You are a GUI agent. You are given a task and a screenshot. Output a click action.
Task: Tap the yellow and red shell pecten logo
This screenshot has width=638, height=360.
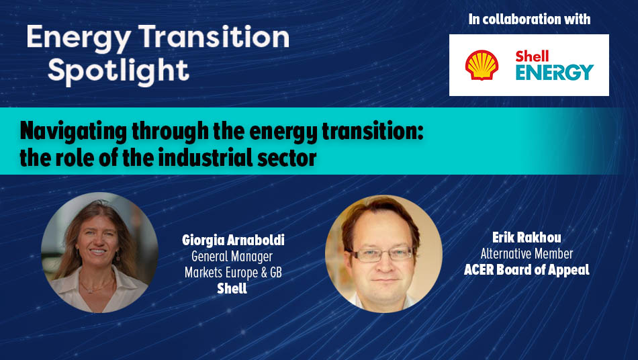pos(482,65)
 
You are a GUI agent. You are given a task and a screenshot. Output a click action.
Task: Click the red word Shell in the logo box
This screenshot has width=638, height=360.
pos(532,56)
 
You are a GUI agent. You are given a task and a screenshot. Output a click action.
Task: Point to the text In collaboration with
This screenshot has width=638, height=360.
pos(529,19)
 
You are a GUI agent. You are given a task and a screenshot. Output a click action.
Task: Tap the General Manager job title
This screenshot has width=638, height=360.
pos(232,256)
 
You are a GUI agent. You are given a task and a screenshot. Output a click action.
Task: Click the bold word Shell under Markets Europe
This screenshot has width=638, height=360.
pos(232,288)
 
